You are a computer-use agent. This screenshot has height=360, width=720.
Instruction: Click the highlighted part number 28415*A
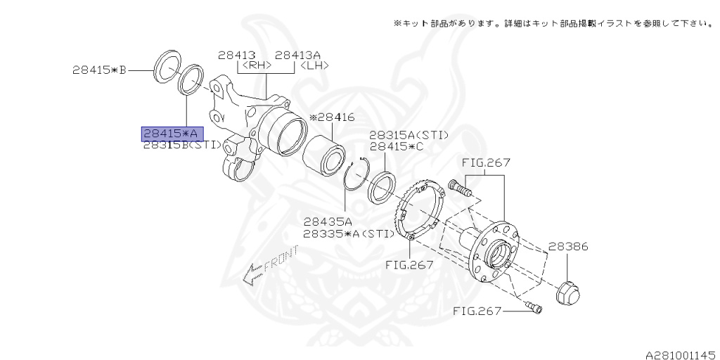tap(172, 133)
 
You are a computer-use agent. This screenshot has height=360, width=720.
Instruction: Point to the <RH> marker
tap(257, 66)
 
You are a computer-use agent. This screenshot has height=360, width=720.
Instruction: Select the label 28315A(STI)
tap(409, 135)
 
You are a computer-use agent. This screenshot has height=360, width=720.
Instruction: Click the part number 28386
tap(568, 247)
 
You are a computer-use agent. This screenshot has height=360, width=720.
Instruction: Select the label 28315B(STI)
tap(182, 145)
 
